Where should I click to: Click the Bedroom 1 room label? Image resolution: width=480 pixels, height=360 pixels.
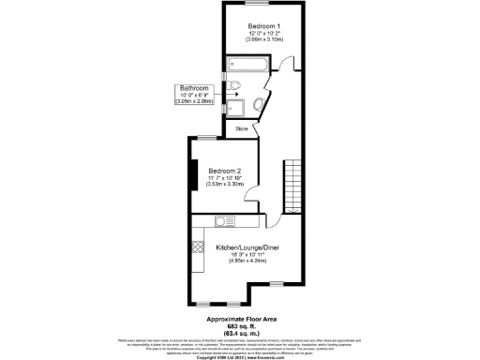click(263, 25)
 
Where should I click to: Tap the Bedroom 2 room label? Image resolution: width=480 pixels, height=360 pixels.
click(226, 171)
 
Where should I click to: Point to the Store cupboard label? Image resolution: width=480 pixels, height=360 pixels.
click(241, 128)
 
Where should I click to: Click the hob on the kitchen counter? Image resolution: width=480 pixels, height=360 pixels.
click(198, 249)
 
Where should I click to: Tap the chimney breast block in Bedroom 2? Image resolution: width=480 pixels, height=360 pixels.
click(193, 176)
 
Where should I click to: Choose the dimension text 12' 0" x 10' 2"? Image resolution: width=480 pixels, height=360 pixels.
click(263, 34)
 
